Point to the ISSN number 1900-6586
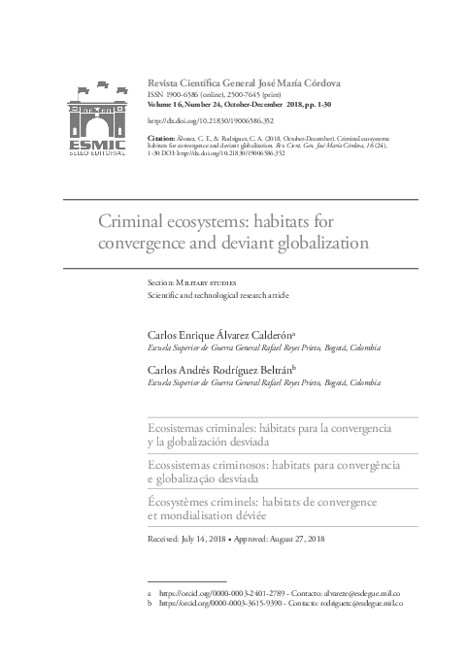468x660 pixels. [x=178, y=98]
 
